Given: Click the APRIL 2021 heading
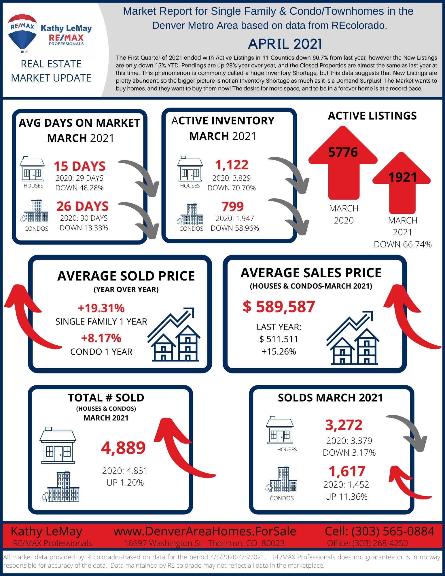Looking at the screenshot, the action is click(x=285, y=44).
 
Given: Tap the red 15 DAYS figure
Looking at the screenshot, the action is click(x=80, y=166).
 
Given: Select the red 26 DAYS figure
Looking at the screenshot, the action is click(x=83, y=206).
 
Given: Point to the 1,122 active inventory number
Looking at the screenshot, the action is click(x=232, y=165).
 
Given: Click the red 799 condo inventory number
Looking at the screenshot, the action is click(x=232, y=206).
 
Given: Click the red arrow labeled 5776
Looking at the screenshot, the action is click(x=343, y=163).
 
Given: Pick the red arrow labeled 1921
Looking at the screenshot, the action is click(x=402, y=183).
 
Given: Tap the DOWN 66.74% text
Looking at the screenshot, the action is click(x=403, y=245).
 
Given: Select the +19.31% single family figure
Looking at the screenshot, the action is click(x=101, y=308).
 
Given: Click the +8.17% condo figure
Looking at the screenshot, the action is click(x=101, y=338).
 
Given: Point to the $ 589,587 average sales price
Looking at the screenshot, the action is click(x=279, y=306).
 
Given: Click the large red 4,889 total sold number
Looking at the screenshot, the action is click(x=123, y=448).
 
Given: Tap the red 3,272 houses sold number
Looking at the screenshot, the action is click(x=344, y=425).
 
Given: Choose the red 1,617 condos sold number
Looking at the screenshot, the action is click(x=347, y=471).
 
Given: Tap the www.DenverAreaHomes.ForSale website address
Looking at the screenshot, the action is click(x=205, y=531).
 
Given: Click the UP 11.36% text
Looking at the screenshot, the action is click(x=346, y=497).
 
